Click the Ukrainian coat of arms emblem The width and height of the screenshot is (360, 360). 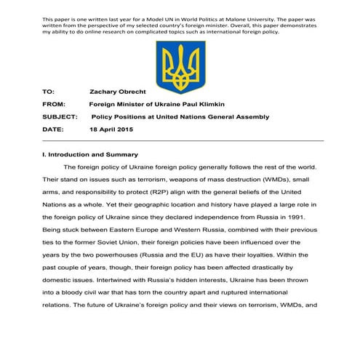pos(180,66)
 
